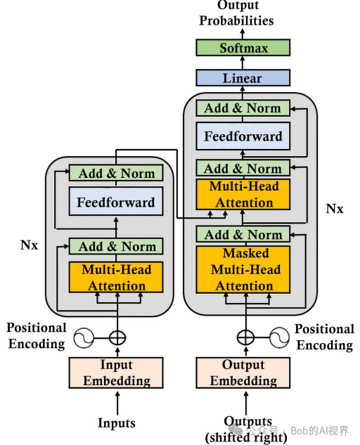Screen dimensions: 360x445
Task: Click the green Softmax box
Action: (x=243, y=47)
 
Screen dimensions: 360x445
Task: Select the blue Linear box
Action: (x=243, y=78)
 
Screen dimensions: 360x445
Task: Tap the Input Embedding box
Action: (x=116, y=373)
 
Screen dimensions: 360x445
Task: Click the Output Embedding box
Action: (x=243, y=373)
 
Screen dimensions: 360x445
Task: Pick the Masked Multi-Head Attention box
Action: (x=243, y=269)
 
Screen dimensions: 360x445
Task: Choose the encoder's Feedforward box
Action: (x=116, y=201)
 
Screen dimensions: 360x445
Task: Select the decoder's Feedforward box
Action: (x=243, y=136)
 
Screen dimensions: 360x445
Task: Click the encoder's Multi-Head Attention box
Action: (x=116, y=277)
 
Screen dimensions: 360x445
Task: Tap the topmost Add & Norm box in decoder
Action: (x=243, y=108)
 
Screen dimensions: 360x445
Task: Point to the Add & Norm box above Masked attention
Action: (x=243, y=234)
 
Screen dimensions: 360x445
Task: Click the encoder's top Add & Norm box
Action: (x=116, y=173)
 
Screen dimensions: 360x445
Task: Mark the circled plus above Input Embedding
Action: (x=117, y=337)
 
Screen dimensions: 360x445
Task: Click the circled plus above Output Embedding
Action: (x=246, y=337)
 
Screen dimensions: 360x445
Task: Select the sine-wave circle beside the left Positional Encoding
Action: (x=84, y=337)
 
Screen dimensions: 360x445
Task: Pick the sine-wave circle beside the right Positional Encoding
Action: (x=279, y=337)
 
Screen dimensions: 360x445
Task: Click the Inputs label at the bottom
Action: (x=117, y=423)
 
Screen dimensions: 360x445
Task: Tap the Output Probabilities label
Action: (x=236, y=13)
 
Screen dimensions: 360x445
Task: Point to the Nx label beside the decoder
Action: (x=335, y=209)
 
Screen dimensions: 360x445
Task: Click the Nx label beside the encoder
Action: (x=29, y=245)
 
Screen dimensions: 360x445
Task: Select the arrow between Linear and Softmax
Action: (x=243, y=63)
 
